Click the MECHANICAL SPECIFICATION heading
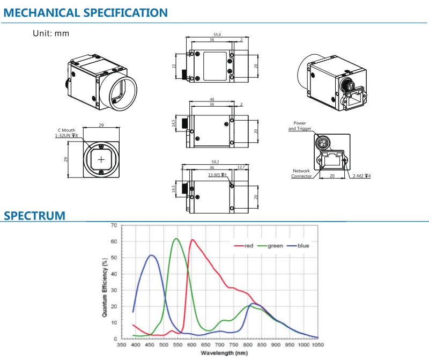pos(85,13)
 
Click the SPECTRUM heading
pos(34,216)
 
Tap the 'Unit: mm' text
pos(51,33)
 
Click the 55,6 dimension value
pos(217,34)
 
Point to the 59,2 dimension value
pos(216,162)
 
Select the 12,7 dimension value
pos(241,167)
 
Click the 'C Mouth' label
pos(66,130)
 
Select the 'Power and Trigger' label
pos(300,126)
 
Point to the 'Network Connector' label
pos(301,174)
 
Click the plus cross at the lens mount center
pos(101,159)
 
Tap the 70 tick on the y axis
pos(114,225)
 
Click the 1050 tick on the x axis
pos(317,344)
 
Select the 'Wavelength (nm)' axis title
pos(224,353)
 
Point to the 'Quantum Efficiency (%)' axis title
pos(105,288)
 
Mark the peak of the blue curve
pos(151,255)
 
